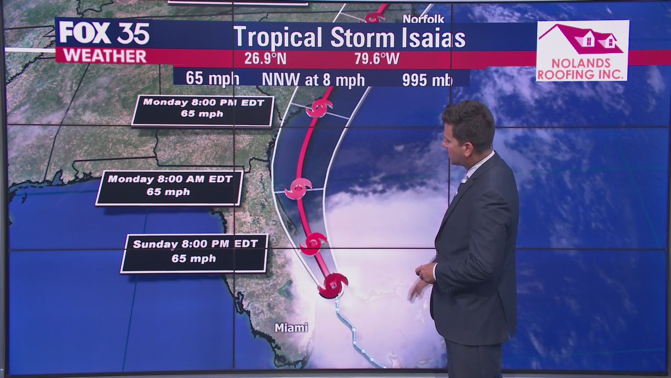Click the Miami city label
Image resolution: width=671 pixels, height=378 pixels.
point(291,328)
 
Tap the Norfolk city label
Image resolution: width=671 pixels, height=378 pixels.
point(423,19)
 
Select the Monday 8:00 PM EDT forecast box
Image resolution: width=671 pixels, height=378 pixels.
point(203,111)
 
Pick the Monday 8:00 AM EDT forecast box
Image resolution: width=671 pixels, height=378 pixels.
point(169,187)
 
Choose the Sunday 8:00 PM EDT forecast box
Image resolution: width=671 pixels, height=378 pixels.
point(194,254)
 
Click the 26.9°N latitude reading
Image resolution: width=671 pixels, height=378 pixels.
point(265,58)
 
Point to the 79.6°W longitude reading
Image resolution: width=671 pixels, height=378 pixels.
point(376,58)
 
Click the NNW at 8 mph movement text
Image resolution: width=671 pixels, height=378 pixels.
point(313,79)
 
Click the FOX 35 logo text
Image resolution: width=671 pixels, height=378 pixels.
point(104,34)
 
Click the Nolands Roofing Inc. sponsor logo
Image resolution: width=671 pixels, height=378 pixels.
point(582,51)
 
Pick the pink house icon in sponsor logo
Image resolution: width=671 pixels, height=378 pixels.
point(582,39)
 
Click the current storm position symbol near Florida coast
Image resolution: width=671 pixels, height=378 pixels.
point(332,285)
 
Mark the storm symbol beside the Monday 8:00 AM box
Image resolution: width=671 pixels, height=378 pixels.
point(299,188)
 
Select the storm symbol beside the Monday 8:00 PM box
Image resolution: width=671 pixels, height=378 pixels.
point(319,108)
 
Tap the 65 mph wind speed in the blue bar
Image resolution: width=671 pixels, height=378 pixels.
point(212,78)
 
